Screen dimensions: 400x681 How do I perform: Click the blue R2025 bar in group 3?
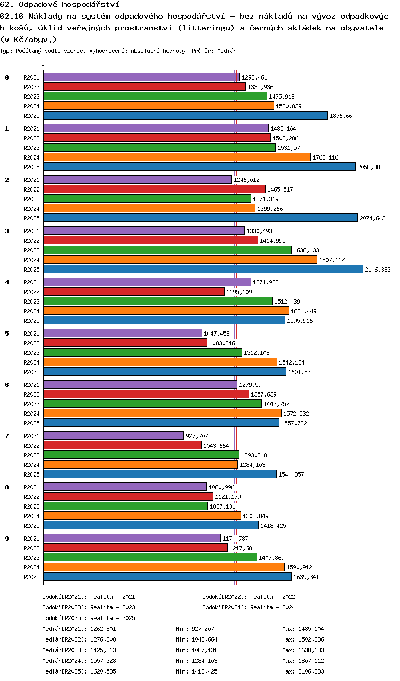tap(203, 269)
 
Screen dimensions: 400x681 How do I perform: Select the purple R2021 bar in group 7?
tap(114, 435)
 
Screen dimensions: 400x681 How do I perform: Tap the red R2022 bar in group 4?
tap(134, 291)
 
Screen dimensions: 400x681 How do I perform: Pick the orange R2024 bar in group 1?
tap(177, 157)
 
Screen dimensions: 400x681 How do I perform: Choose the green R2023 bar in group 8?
tap(126, 506)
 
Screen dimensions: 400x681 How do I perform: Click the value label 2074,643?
tap(372, 218)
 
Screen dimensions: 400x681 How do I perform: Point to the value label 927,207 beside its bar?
tap(197, 436)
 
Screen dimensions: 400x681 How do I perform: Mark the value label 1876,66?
tap(341, 116)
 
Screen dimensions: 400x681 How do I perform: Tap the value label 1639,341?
tap(306, 577)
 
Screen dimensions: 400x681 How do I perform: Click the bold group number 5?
tap(7, 334)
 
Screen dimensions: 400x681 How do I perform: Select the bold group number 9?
tap(7, 539)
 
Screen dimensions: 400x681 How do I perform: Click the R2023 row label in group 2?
tap(31, 199)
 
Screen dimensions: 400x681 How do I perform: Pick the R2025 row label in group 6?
tap(31, 423)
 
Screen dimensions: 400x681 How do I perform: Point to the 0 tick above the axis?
tap(43, 67)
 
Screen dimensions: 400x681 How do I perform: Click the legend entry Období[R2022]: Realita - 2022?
tap(249, 597)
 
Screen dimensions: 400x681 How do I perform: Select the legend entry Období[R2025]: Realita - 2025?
tap(89, 618)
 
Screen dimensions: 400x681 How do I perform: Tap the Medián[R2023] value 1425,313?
tap(103, 650)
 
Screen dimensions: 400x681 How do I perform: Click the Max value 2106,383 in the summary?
tap(311, 671)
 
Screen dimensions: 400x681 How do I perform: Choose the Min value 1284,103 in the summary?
tap(204, 661)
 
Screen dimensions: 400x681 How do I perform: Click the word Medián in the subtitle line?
tap(227, 51)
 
